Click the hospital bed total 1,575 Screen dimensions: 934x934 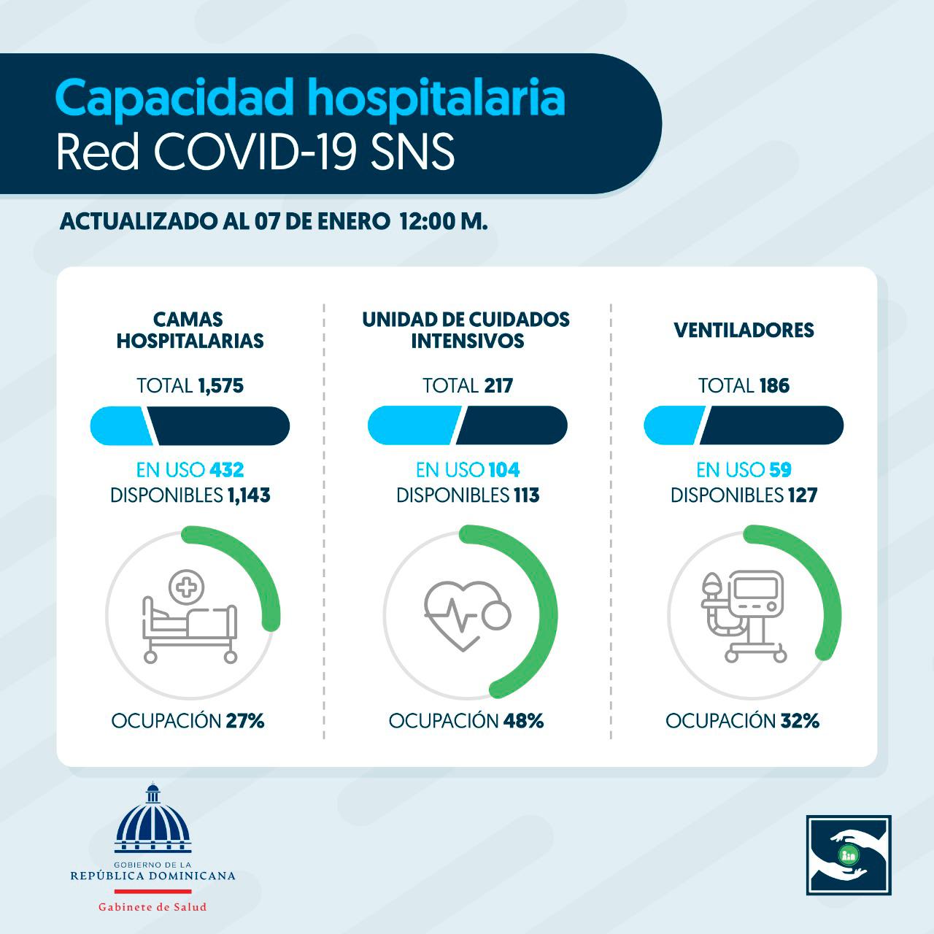click(220, 385)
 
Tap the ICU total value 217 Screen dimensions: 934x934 click(498, 385)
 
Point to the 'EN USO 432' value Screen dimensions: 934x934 click(226, 470)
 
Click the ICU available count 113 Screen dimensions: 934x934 click(525, 495)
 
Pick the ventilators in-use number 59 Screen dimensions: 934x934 click(779, 470)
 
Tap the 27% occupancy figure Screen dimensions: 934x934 click(245, 721)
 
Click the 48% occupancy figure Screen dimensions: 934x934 click(523, 721)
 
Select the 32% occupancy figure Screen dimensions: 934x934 click(800, 721)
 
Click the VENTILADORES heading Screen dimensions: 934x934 click(744, 330)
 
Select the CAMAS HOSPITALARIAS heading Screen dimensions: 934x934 click(190, 330)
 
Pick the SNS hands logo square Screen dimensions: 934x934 click(849, 855)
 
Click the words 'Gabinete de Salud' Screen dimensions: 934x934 click(153, 907)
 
